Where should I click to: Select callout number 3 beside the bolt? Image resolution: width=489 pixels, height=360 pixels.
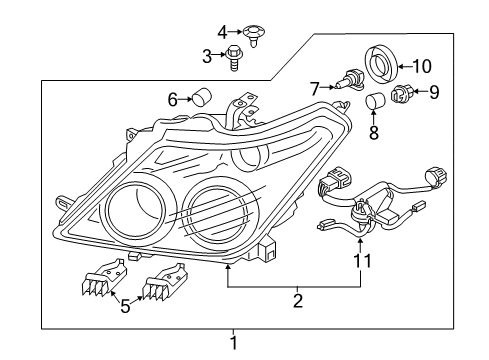[207, 55]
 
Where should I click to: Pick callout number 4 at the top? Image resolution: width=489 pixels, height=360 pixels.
[222, 30]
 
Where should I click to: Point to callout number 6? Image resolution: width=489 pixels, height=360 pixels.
[172, 98]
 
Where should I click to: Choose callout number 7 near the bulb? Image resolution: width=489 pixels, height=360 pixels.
[313, 88]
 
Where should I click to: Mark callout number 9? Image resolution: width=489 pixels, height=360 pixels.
[433, 93]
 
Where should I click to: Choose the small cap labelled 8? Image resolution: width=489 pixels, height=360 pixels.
[375, 103]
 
